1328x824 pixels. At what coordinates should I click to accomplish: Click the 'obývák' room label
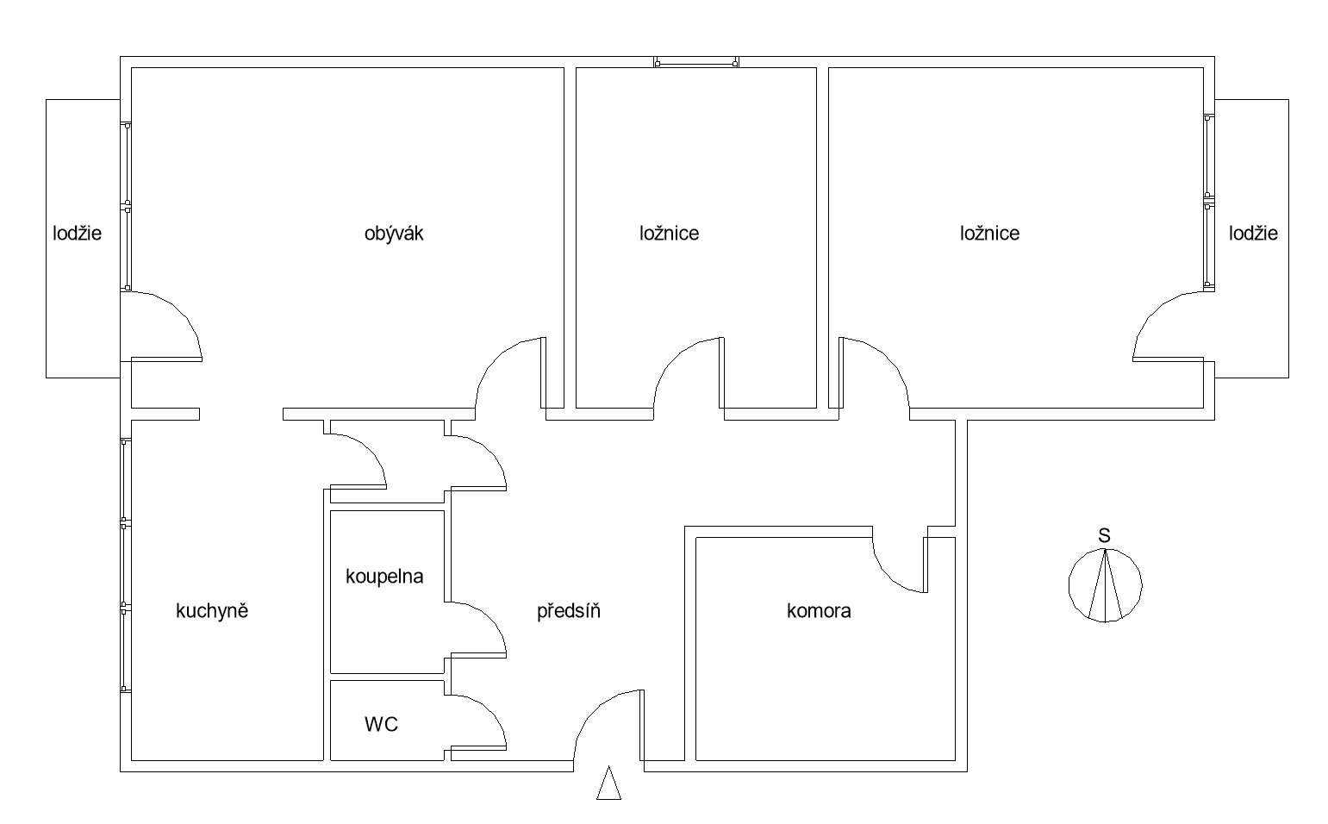coord(394,233)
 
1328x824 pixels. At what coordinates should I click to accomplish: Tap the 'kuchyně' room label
coord(212,611)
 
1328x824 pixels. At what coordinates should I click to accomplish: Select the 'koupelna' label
coord(384,577)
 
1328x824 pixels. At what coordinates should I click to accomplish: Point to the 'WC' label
coord(381,725)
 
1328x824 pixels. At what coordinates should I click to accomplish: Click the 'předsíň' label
coord(569,611)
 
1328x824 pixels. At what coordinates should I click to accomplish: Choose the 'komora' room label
coord(819,611)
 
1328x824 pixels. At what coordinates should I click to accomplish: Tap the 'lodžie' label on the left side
coord(78,233)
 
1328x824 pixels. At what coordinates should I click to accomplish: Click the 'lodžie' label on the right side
coord(1254,233)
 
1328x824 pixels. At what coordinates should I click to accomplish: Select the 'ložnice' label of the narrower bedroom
coord(670,233)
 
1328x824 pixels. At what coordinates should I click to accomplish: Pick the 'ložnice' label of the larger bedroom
coord(990,233)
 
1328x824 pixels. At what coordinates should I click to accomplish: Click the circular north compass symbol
coord(1105,585)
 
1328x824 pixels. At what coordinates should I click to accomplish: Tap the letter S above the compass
coord(1104,536)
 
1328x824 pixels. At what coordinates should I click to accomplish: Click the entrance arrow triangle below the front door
coord(608,784)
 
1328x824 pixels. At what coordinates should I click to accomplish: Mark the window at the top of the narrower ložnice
coord(696,62)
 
